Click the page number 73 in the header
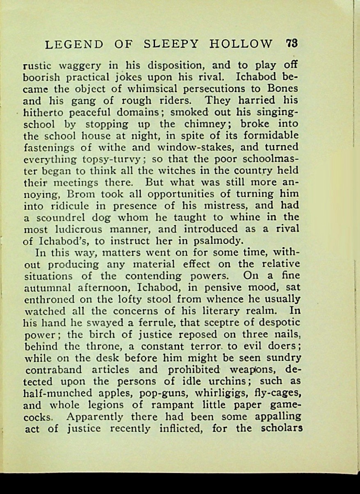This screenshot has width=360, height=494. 292,44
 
